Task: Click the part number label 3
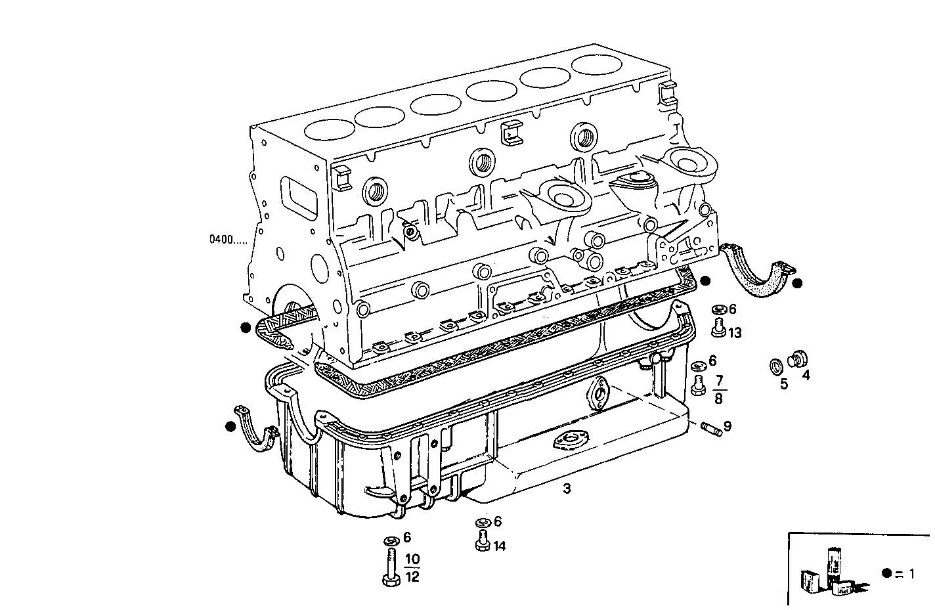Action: tap(567, 489)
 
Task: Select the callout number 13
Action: tap(734, 333)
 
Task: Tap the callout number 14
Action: tap(500, 546)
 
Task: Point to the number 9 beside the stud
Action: tap(728, 426)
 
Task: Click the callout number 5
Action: tap(783, 383)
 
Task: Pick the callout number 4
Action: tap(806, 376)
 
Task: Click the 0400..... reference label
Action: tap(228, 240)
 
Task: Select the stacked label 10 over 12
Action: tap(412, 568)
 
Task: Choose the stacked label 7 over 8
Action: tap(718, 389)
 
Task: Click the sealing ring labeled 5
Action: tap(776, 366)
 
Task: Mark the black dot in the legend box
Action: tap(887, 573)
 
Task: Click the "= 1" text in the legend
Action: tap(905, 573)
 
